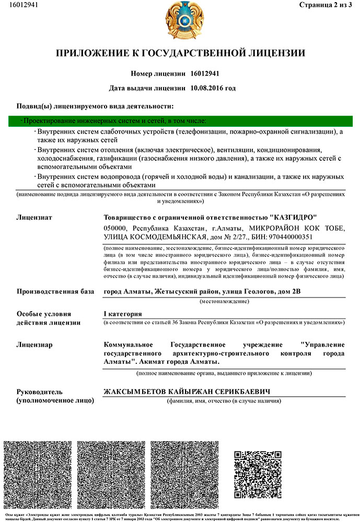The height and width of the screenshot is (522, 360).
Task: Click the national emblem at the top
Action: (180, 21)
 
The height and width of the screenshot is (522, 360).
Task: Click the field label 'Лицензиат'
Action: (34, 217)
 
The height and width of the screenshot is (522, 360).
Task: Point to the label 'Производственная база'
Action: (54, 291)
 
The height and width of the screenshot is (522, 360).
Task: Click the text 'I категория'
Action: (123, 314)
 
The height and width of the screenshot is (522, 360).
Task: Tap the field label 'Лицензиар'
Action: (34, 345)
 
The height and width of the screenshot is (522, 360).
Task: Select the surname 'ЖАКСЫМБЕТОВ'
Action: (135, 391)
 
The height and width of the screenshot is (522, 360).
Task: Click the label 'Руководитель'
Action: (40, 391)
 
